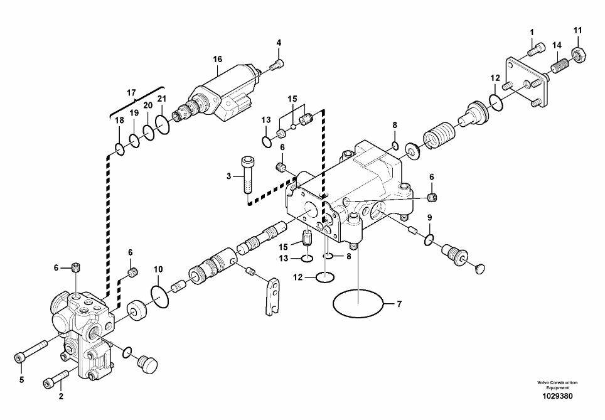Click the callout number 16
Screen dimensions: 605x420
pyautogui.click(x=218, y=59)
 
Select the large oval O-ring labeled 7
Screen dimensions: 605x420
pyautogui.click(x=358, y=303)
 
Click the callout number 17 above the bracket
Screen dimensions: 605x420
pyautogui.click(x=131, y=93)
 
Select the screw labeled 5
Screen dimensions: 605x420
pyautogui.click(x=31, y=350)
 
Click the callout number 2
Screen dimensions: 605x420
pyautogui.click(x=61, y=396)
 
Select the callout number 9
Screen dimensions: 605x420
pyautogui.click(x=429, y=218)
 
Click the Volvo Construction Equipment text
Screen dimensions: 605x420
pyautogui.click(x=557, y=385)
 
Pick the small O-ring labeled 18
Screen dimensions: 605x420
pyautogui.click(x=120, y=149)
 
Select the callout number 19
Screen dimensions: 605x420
pyautogui.click(x=134, y=113)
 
